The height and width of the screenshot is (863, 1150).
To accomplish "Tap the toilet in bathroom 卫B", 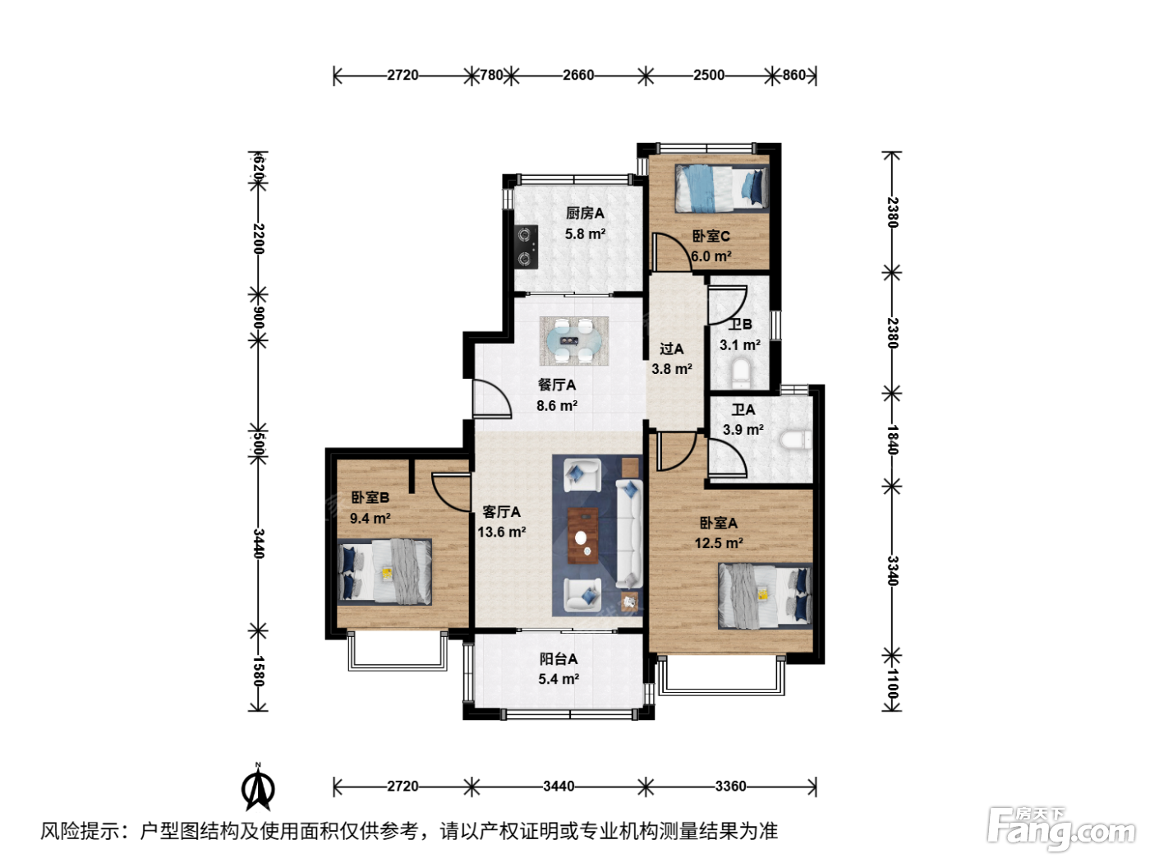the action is click(x=740, y=371).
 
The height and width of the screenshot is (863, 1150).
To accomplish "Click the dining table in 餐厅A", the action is click(x=574, y=340).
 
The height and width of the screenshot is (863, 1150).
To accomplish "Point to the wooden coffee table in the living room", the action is click(x=582, y=536).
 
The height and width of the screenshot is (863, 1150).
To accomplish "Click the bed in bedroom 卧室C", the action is click(x=721, y=189).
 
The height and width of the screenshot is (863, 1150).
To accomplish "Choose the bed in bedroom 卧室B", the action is click(x=384, y=572).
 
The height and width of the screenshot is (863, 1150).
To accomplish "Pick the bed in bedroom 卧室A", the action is click(x=765, y=596).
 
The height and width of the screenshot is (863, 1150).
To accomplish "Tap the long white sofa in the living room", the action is click(x=628, y=533).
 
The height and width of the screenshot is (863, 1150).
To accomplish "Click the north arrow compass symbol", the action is click(x=258, y=787).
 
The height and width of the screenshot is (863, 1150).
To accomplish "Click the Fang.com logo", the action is click(x=1060, y=828).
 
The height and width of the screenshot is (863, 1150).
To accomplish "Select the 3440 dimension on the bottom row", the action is click(x=559, y=786).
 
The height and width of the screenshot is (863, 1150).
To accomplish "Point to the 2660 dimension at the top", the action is click(x=578, y=75).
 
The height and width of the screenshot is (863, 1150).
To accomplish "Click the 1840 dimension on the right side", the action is click(x=892, y=440).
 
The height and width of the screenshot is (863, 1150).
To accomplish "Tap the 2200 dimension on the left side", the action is click(x=258, y=239).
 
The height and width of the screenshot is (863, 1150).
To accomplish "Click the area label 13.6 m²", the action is click(x=501, y=532).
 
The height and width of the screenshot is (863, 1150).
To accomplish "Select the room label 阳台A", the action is click(x=559, y=658).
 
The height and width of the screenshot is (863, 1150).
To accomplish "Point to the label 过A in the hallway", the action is click(x=671, y=348).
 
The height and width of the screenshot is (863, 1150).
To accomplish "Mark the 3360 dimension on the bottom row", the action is click(x=730, y=786).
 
